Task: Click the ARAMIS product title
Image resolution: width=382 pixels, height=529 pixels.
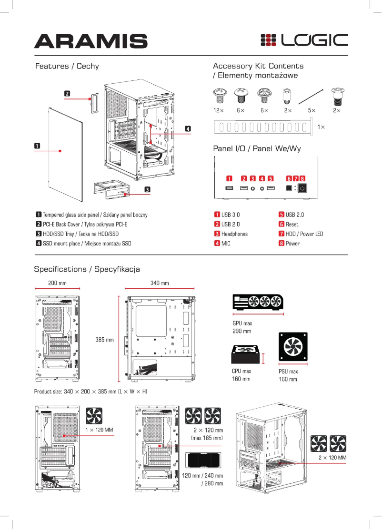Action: (x=90, y=41)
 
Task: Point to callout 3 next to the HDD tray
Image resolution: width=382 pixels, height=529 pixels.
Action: (x=148, y=189)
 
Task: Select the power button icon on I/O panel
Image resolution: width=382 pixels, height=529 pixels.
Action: (x=302, y=188)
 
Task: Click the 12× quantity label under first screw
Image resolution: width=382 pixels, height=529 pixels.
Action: (x=219, y=110)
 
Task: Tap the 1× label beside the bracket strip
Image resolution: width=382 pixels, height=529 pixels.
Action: (x=322, y=127)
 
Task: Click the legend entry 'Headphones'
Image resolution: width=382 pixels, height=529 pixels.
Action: (x=234, y=234)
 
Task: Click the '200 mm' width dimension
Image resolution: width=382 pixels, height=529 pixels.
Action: (x=57, y=283)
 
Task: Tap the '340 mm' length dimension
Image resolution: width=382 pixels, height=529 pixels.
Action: (x=160, y=283)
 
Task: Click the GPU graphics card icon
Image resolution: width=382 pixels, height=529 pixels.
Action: (x=258, y=303)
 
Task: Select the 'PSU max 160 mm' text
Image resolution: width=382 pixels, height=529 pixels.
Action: (x=288, y=375)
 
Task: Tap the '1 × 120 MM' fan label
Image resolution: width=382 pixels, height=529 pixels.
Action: (x=99, y=430)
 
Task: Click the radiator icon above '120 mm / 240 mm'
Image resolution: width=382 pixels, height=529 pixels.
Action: (x=203, y=460)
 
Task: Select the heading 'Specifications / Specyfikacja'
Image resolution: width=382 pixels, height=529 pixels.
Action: (x=87, y=269)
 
